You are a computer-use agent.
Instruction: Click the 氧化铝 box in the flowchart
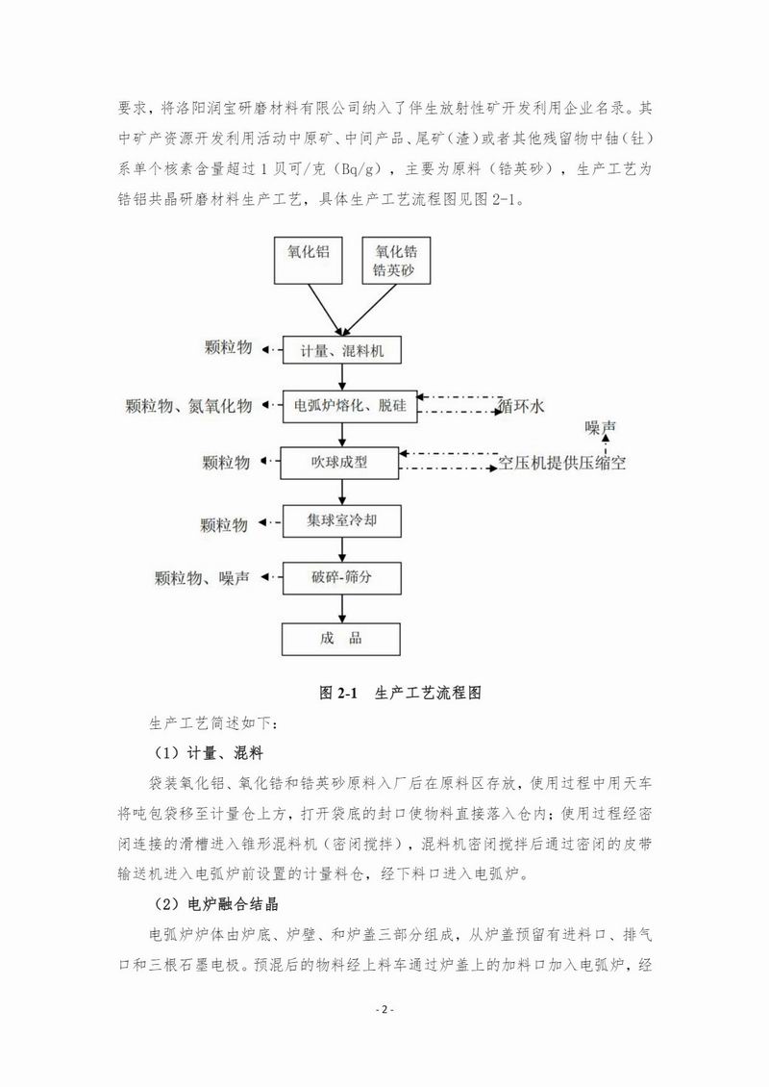pos(309,258)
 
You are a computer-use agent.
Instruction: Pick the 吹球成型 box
pos(339,464)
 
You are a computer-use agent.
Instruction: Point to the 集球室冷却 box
pos(339,521)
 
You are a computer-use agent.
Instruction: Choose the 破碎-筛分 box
pos(339,578)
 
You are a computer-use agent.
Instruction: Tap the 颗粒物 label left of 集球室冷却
pos(225,524)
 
